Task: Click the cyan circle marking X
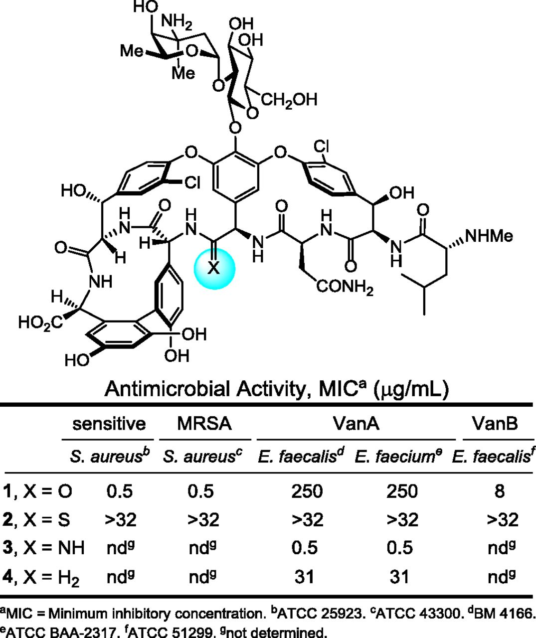(x=214, y=269)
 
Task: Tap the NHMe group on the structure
(x=489, y=236)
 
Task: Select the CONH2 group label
(x=345, y=287)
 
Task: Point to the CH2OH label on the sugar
(x=289, y=100)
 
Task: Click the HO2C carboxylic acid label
(x=41, y=323)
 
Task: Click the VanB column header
(x=495, y=424)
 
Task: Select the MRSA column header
(x=204, y=424)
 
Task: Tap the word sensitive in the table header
(x=109, y=424)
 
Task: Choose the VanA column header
(x=356, y=424)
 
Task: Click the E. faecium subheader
(x=398, y=457)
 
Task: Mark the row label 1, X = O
(x=37, y=491)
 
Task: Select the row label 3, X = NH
(x=43, y=548)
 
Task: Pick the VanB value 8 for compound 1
(x=499, y=491)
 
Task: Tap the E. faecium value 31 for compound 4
(x=399, y=577)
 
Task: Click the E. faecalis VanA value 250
(x=307, y=491)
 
